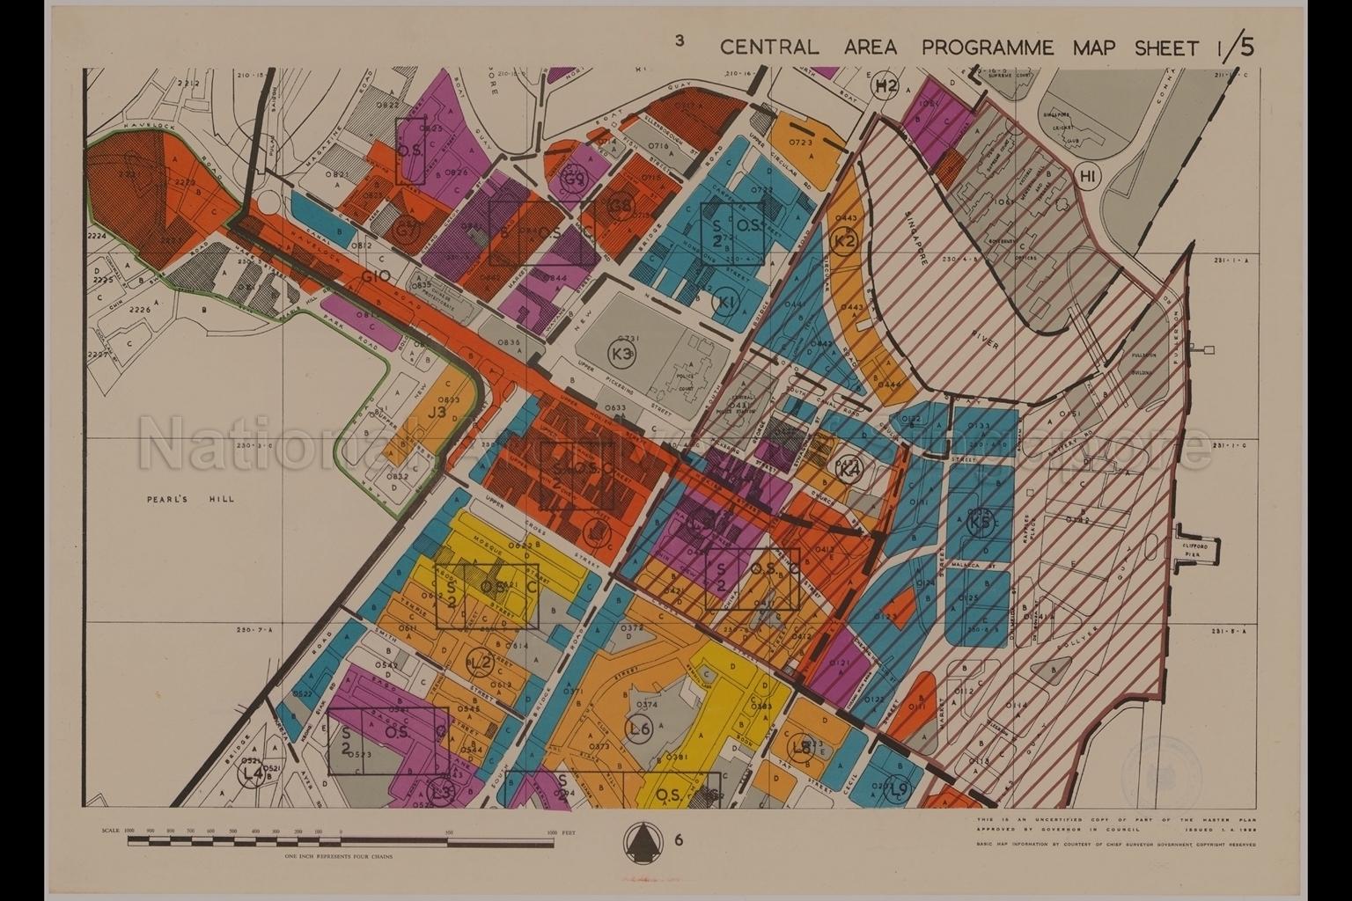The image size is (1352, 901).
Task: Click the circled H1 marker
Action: click(x=1089, y=177)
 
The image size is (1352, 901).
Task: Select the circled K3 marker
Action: click(x=622, y=354)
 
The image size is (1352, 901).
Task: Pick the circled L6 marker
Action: click(x=640, y=729)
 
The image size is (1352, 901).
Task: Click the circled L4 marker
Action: click(x=253, y=774)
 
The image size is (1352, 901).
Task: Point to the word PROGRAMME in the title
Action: click(x=987, y=48)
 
